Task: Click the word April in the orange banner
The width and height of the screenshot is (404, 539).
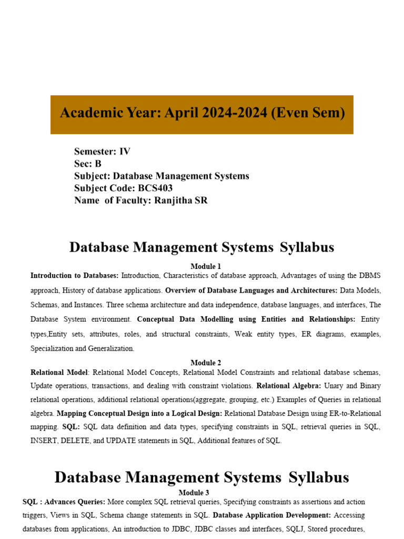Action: (183, 113)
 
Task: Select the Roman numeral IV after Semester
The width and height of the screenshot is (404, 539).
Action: (125, 152)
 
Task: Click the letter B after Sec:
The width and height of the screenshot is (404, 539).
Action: (98, 164)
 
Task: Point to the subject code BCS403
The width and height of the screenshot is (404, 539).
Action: (155, 188)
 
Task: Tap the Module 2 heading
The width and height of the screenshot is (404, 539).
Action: (206, 363)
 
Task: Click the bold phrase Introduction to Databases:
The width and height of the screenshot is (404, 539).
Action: (74, 276)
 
